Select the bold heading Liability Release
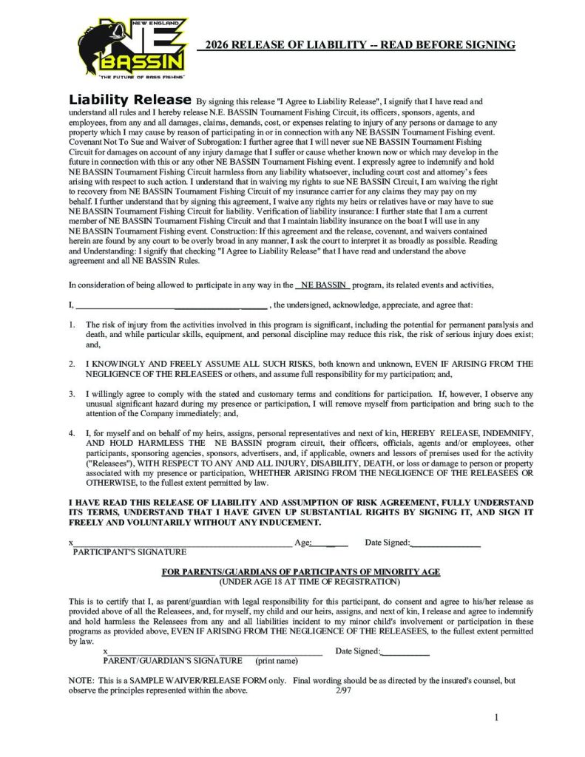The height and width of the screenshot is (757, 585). click(x=129, y=99)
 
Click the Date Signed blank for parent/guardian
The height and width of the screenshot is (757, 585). click(x=405, y=651)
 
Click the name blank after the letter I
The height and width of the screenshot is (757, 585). click(x=170, y=304)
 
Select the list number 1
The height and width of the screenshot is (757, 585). click(x=72, y=325)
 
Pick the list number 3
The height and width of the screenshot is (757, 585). click(x=72, y=394)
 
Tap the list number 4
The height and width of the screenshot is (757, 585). click(x=72, y=431)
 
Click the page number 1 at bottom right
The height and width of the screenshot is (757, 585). click(x=497, y=717)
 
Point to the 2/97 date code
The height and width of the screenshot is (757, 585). click(x=333, y=691)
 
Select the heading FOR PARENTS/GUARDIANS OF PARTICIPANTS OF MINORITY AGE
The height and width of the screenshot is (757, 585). click(x=301, y=571)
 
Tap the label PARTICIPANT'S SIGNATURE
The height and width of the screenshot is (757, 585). click(x=129, y=551)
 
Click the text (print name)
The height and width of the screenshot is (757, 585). click(x=277, y=660)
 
